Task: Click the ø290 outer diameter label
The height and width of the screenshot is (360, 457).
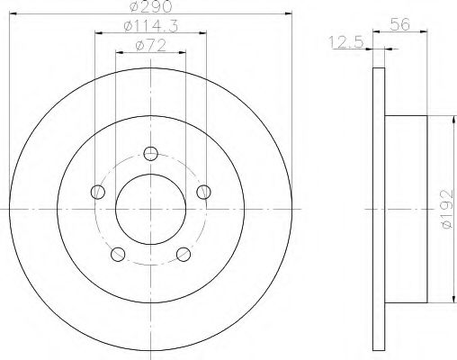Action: pos(149,7)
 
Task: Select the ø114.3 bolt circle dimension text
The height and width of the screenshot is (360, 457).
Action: pos(148,28)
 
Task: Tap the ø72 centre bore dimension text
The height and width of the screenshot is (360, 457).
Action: pos(149,45)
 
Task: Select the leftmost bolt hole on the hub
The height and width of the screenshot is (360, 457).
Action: pos(96,190)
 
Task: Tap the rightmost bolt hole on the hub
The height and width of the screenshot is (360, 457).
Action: pos(204,190)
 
